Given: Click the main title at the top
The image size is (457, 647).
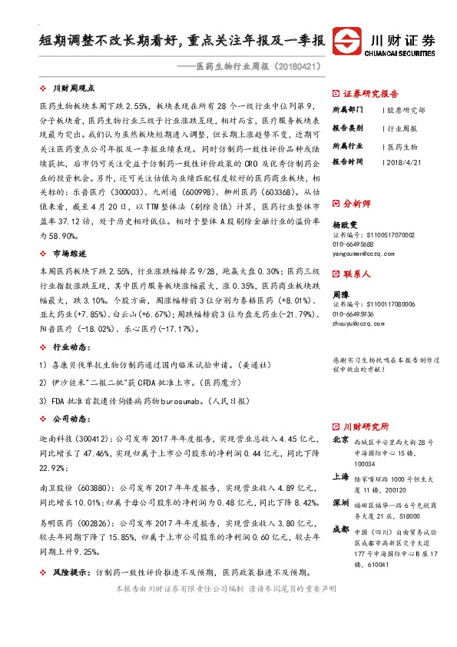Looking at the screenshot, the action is click(181, 39).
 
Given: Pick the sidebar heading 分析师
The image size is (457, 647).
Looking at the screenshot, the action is click(356, 204).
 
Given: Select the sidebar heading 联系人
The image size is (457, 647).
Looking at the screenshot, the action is click(356, 274).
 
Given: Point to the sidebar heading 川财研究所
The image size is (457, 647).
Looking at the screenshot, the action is click(366, 426).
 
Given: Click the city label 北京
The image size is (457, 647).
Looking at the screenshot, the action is click(341, 440).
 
